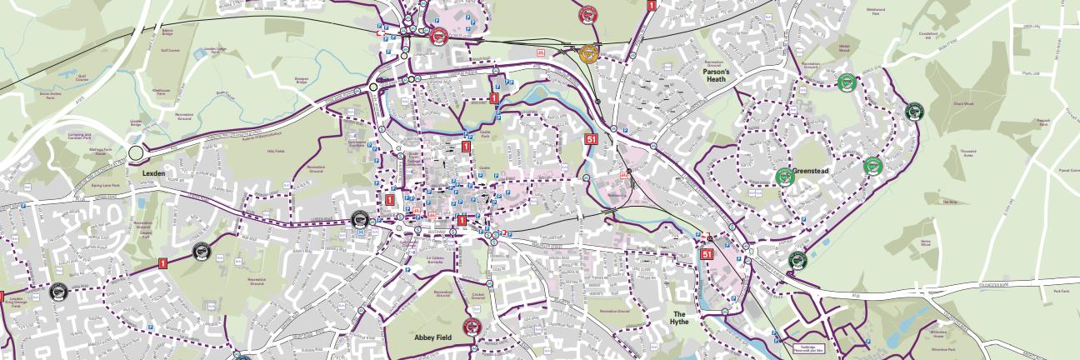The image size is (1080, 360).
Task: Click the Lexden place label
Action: [154, 172]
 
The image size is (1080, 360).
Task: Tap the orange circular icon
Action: [589, 54]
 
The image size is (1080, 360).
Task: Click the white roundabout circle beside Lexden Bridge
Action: [136, 153]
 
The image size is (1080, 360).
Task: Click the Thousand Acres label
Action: [967, 152]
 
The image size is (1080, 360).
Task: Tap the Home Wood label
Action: [925, 242]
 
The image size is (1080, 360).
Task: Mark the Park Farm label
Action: [1061, 292]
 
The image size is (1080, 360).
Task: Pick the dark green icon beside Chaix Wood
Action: [913, 111]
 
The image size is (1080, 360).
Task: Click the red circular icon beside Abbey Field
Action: [472, 326]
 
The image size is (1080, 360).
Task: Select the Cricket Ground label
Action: [477, 297]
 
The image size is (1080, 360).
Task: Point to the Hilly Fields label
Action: [275, 152]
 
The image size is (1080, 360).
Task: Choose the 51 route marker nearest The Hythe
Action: [707, 254]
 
